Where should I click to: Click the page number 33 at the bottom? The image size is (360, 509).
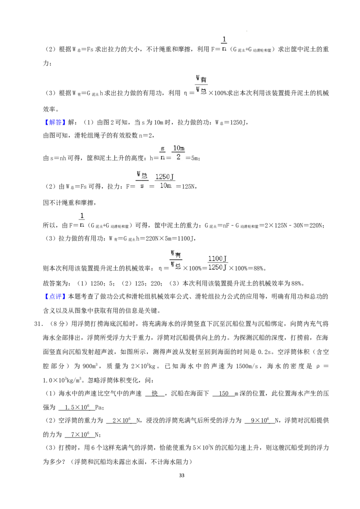point(182,475)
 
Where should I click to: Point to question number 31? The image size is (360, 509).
point(38,324)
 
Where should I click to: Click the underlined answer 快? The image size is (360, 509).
point(155,393)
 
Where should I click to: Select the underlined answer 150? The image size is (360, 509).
point(224,393)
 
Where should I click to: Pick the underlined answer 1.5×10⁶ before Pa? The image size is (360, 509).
point(76,407)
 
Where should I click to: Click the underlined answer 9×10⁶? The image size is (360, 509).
point(260,420)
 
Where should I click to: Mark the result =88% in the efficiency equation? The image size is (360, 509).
point(255,268)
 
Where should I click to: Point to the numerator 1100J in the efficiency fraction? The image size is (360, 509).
point(217,259)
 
